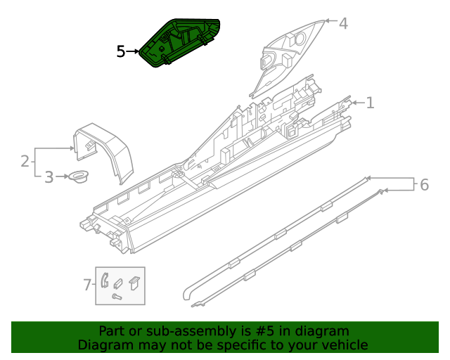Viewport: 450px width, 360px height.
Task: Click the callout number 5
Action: click(121, 51)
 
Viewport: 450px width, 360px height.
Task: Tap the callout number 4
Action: click(342, 24)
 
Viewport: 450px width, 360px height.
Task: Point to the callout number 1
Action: click(370, 103)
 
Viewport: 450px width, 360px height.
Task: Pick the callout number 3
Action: click(49, 177)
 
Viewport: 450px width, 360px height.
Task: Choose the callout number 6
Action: click(423, 185)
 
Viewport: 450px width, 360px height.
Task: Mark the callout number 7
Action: click(87, 285)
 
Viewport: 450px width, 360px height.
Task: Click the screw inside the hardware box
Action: click(117, 298)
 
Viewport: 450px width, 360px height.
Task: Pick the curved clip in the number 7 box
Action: click(104, 279)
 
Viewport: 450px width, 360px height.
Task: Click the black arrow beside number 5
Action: click(133, 51)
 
